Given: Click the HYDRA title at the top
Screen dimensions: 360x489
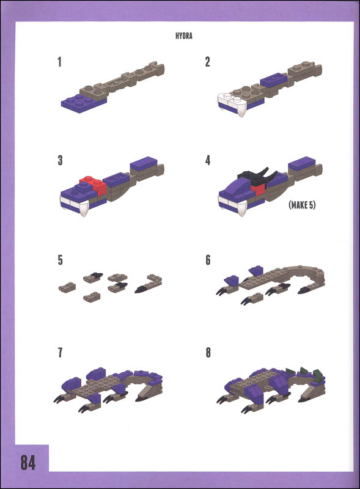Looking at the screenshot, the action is tap(184, 36).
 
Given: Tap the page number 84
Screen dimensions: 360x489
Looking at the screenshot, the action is tap(28, 462).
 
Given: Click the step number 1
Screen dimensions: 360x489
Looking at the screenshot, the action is tap(59, 62).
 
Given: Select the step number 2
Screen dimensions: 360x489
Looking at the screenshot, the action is tap(207, 62).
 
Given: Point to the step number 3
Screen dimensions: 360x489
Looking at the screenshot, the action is tap(60, 160).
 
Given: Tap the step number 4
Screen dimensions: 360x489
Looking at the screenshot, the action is tap(208, 160).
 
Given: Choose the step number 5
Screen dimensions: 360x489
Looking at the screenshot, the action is tap(61, 260).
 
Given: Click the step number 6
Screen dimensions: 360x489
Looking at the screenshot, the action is tap(208, 260).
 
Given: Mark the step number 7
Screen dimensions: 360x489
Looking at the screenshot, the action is tap(60, 353).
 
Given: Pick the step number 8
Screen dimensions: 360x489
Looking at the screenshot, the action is tap(208, 353).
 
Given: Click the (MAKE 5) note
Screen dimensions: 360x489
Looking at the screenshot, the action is tap(302, 205).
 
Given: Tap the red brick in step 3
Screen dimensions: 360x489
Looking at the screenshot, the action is tap(94, 185).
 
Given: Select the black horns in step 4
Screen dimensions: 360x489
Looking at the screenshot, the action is tap(259, 175).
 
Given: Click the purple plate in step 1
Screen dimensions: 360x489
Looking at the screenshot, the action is tap(83, 103).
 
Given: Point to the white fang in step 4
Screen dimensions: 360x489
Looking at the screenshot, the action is tap(242, 207).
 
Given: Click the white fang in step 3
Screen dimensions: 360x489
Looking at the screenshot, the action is tap(84, 208).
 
